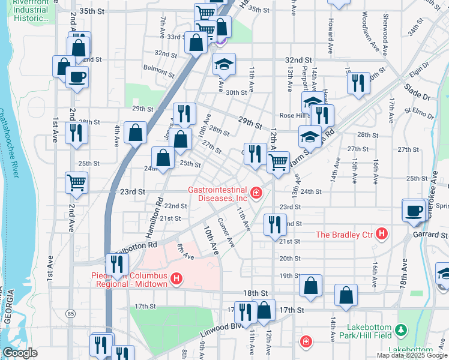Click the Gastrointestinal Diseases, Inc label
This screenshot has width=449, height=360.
click(217, 193)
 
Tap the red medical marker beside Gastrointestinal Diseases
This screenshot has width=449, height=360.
click(256, 193)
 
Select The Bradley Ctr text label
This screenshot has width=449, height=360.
click(345, 234)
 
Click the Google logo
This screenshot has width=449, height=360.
click(20, 353)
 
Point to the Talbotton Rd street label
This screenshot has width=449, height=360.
click(136, 245)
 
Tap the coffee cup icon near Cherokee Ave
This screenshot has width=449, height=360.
click(413, 210)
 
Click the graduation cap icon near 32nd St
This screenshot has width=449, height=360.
click(224, 64)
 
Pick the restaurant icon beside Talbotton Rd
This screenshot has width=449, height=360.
click(117, 263)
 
